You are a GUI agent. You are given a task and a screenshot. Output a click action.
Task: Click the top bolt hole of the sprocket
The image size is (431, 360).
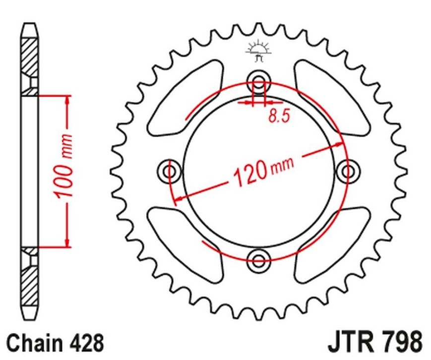258,81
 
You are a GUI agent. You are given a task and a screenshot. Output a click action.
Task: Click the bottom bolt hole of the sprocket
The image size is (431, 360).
258,260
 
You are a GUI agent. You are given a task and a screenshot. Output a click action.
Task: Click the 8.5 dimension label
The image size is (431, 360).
279,116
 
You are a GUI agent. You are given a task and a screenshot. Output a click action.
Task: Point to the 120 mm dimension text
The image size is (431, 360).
263,171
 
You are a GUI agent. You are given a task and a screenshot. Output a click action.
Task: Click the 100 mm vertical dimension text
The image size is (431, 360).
64,166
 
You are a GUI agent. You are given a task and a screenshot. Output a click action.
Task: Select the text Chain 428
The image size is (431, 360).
55,343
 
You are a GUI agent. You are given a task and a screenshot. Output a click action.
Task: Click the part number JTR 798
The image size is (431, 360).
375,343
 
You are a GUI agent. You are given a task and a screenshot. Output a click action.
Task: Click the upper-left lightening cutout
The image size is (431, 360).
185,98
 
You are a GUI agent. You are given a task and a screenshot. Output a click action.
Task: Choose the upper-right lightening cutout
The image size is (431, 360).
332,98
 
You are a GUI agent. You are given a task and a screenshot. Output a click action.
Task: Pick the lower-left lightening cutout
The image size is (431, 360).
185,245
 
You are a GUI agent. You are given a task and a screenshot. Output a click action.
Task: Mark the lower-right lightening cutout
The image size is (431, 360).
332,245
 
